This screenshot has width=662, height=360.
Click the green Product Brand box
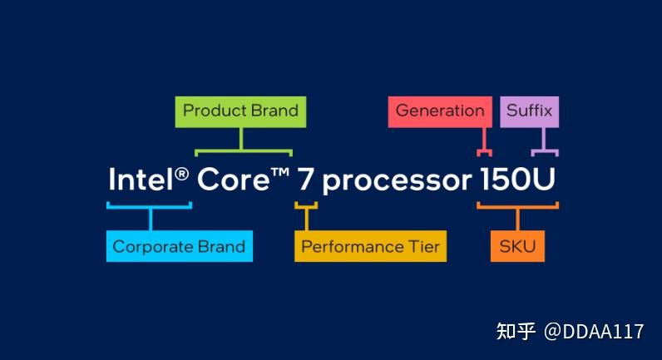tap(240, 112)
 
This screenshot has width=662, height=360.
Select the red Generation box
tap(440, 112)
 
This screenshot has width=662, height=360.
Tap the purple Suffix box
tap(530, 112)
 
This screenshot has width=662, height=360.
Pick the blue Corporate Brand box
tap(180, 246)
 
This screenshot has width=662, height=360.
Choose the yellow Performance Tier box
tap(370, 246)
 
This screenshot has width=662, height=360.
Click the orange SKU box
tap(517, 246)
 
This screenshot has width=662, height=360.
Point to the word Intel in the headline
tap(141, 180)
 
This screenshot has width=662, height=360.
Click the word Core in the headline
tap(234, 180)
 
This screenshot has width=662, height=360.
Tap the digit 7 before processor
tap(305, 180)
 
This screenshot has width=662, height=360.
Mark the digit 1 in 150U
tap(486, 180)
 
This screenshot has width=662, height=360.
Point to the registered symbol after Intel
tap(182, 174)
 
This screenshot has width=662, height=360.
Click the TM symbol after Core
tap(280, 173)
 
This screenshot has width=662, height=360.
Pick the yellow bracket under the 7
tap(307, 207)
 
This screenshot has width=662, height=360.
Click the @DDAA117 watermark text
tap(594, 332)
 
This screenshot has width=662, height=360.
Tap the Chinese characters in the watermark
tap(516, 331)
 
